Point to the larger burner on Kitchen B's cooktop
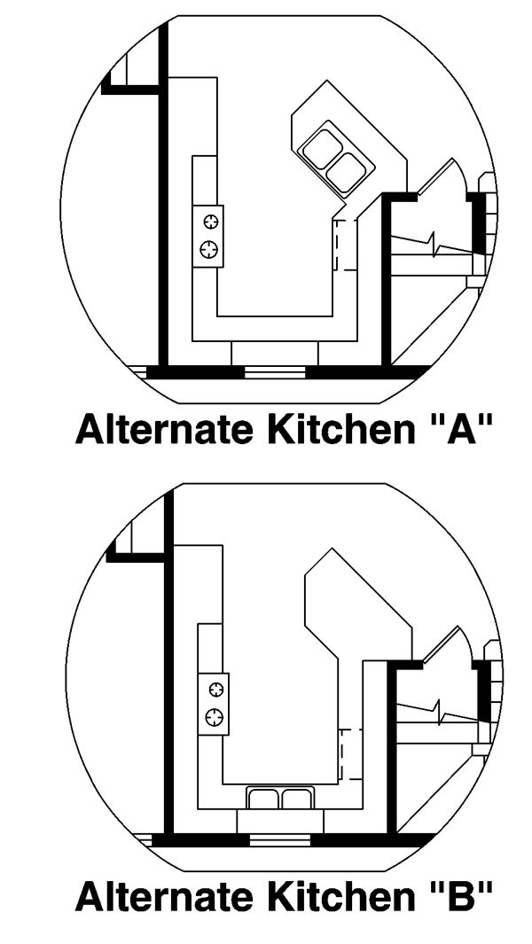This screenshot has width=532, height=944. point(215,716)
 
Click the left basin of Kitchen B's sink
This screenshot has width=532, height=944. point(263,799)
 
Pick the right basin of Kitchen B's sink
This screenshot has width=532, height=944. point(294,799)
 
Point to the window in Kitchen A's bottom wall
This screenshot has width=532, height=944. point(275,373)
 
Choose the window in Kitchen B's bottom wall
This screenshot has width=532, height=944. point(279,839)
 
